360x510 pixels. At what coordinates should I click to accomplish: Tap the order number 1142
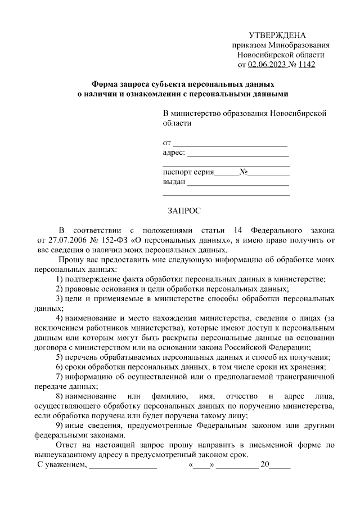pos(307,65)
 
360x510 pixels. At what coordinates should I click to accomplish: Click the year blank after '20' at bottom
pos(281,467)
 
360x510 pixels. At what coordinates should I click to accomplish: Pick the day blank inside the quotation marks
pos(202,466)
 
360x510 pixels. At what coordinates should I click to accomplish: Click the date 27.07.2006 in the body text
pos(62,240)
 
